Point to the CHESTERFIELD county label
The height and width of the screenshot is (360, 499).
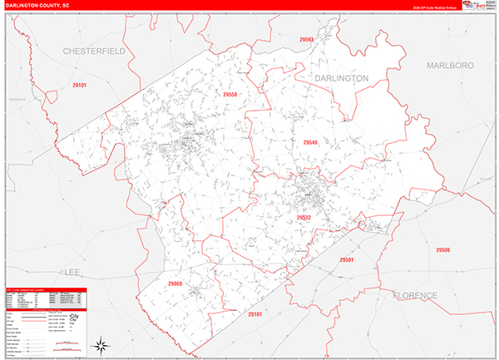[93, 52]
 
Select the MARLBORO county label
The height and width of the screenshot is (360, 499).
[449, 65]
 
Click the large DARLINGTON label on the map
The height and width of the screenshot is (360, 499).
[341, 77]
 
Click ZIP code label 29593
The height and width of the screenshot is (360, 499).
[308, 39]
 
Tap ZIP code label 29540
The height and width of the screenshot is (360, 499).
[309, 143]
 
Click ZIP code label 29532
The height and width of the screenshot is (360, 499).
[304, 218]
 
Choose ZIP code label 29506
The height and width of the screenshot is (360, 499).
[442, 249]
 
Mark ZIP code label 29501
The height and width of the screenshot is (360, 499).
[346, 260]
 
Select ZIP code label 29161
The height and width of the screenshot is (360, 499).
[254, 314]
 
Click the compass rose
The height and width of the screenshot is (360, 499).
[99, 344]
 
